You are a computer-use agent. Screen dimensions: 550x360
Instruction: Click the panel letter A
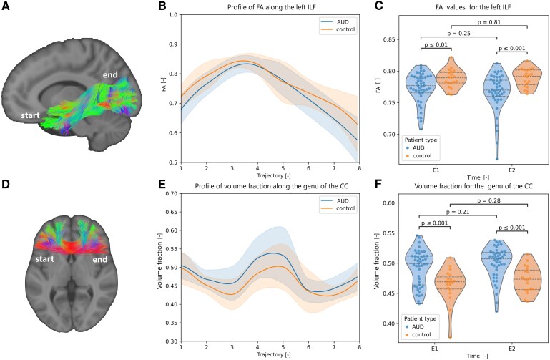(6, 6)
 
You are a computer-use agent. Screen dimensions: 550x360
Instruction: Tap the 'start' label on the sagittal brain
(30, 115)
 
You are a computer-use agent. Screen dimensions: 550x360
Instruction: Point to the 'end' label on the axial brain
(100, 260)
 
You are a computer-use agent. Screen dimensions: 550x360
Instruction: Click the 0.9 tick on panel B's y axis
(173, 44)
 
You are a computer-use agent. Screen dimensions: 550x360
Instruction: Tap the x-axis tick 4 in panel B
(257, 168)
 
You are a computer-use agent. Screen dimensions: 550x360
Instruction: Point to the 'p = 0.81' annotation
(489, 22)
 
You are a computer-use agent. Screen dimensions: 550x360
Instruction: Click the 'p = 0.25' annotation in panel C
(458, 34)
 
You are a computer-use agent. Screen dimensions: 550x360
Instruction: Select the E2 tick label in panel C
(512, 170)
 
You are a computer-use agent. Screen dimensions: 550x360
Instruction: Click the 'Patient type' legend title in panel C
(421, 140)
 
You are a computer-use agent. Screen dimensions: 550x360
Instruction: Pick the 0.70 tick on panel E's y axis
(172, 194)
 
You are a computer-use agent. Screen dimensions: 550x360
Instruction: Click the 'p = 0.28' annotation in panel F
(489, 201)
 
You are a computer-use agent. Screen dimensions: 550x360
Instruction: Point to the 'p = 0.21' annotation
(458, 212)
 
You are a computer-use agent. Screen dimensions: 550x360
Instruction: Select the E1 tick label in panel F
(434, 349)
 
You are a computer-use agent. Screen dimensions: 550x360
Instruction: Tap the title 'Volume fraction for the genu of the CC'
(473, 186)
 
